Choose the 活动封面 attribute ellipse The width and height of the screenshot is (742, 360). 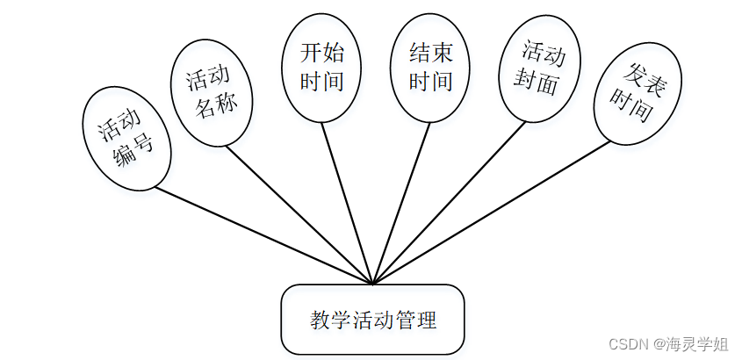pyautogui.click(x=540, y=69)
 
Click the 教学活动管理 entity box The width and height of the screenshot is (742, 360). pyautogui.click(x=372, y=319)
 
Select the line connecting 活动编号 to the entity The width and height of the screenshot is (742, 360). pyautogui.click(x=263, y=234)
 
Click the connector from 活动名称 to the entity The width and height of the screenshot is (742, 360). pyautogui.click(x=299, y=214)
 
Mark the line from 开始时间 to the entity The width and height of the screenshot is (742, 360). pyautogui.click(x=347, y=203)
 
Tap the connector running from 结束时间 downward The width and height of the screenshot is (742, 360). pyautogui.click(x=402, y=203)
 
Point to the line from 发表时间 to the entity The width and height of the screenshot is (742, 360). pyautogui.click(x=492, y=212)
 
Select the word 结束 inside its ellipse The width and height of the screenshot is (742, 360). pyautogui.click(x=430, y=53)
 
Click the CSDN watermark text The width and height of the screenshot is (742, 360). pyautogui.click(x=628, y=345)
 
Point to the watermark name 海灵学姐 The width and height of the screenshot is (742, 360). pyautogui.click(x=698, y=345)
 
